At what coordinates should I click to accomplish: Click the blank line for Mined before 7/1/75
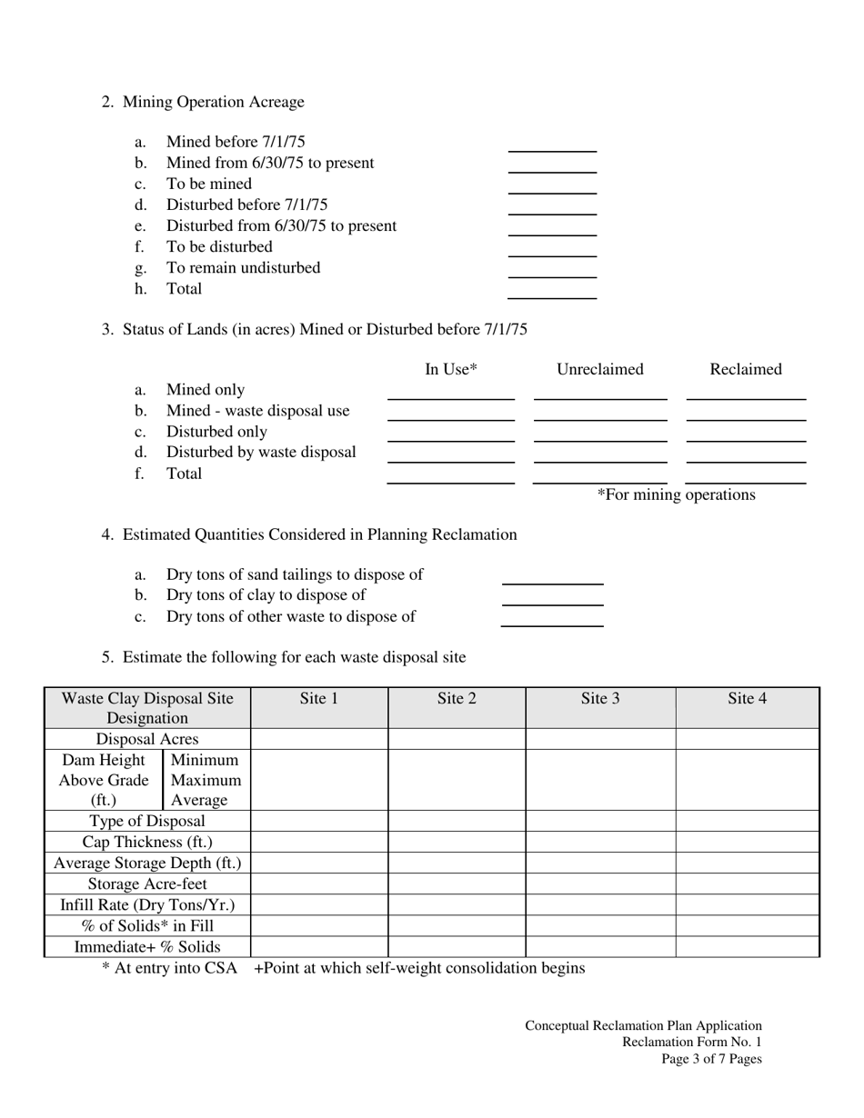[552, 145]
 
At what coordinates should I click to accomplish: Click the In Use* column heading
[451, 369]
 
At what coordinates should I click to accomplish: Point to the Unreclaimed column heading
[600, 369]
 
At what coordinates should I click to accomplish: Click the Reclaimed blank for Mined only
[746, 393]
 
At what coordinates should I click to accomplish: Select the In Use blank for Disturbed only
[451, 434]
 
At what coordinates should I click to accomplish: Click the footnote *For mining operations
[676, 494]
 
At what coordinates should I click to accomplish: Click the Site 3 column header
[600, 698]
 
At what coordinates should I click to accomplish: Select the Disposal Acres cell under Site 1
[319, 739]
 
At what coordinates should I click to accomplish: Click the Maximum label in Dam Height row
[206, 780]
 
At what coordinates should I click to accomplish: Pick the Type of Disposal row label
[147, 821]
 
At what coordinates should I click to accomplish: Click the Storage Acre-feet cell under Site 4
[747, 883]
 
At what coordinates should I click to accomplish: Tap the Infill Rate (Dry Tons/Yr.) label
[147, 904]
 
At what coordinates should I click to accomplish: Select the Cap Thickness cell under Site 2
[457, 842]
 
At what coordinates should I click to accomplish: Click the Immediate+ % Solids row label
[147, 946]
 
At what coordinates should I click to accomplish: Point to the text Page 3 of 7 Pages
[711, 1059]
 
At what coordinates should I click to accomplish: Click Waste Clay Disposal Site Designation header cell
[147, 707]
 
